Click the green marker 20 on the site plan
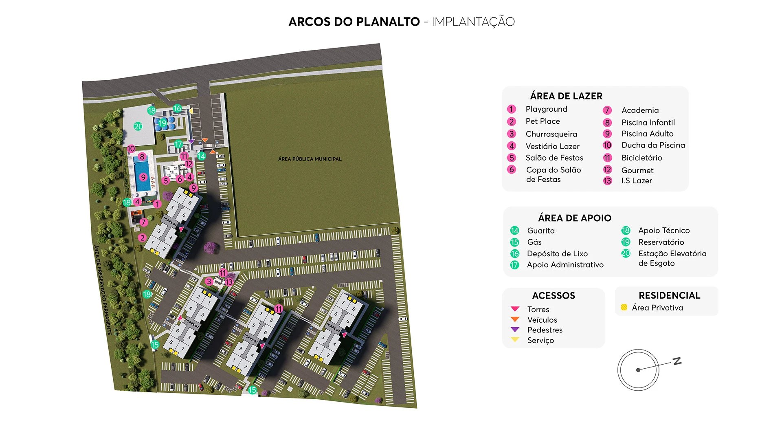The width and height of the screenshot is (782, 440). tap(138, 126)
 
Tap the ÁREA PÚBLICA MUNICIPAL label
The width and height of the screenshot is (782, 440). tap(310, 159)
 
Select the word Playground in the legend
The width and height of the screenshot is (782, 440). tap(546, 109)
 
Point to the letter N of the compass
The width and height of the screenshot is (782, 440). tap(677, 361)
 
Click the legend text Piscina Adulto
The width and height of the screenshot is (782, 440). tap(647, 134)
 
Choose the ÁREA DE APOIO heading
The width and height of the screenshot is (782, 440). tap(574, 218)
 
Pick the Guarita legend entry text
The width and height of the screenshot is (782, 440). tap(540, 231)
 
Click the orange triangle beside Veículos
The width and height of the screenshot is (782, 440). tap(515, 319)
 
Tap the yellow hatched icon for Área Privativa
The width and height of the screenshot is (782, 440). tap(624, 308)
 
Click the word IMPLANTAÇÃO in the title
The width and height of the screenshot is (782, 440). tap(473, 22)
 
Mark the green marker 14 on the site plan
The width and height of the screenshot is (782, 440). tap(201, 156)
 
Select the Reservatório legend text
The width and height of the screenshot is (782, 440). tap(661, 242)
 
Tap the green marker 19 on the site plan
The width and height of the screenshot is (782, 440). tap(163, 123)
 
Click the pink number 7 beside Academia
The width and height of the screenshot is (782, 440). tap(607, 110)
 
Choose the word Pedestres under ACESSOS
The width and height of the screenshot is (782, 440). tap(545, 330)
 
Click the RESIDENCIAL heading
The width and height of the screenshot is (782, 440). tap(669, 295)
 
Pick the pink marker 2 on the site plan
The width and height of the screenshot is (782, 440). tap(142, 238)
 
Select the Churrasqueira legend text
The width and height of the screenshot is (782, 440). tap(551, 134)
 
